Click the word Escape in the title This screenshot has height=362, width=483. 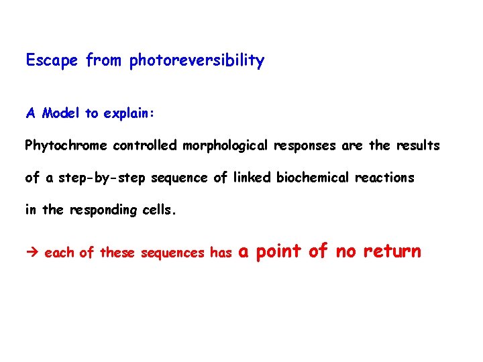click(x=53, y=61)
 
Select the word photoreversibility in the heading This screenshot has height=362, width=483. click(x=197, y=61)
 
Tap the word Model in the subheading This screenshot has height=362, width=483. click(x=61, y=113)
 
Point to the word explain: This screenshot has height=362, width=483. click(x=131, y=113)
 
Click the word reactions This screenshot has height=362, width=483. click(x=388, y=178)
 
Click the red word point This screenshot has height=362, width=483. click(x=280, y=252)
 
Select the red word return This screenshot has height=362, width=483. click(x=392, y=252)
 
